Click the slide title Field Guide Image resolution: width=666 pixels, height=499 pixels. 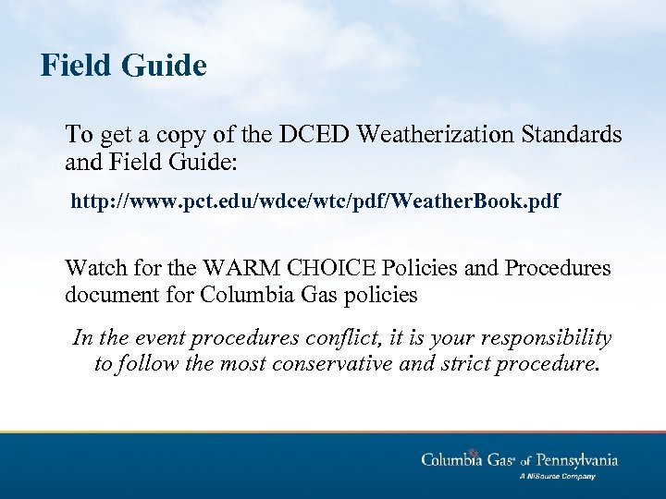[x=123, y=66]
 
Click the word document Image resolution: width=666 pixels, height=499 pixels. [x=105, y=296]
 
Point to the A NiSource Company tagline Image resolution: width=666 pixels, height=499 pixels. [x=557, y=477]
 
